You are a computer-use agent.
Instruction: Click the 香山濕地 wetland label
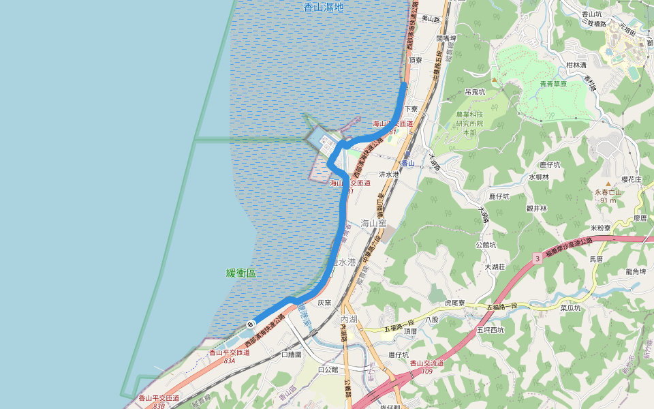324,7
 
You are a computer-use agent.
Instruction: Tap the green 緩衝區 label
241,273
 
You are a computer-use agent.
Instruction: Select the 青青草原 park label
553,84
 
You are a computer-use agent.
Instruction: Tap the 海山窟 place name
373,222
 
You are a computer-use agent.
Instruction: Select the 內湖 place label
349,319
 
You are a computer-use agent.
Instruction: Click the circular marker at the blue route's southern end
251,324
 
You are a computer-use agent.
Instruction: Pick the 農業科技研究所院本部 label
469,123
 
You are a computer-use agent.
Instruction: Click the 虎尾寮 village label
454,303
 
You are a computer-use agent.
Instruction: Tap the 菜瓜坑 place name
570,307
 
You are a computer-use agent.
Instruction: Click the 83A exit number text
229,361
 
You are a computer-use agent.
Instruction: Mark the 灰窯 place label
324,302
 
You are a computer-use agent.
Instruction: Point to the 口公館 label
329,369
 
